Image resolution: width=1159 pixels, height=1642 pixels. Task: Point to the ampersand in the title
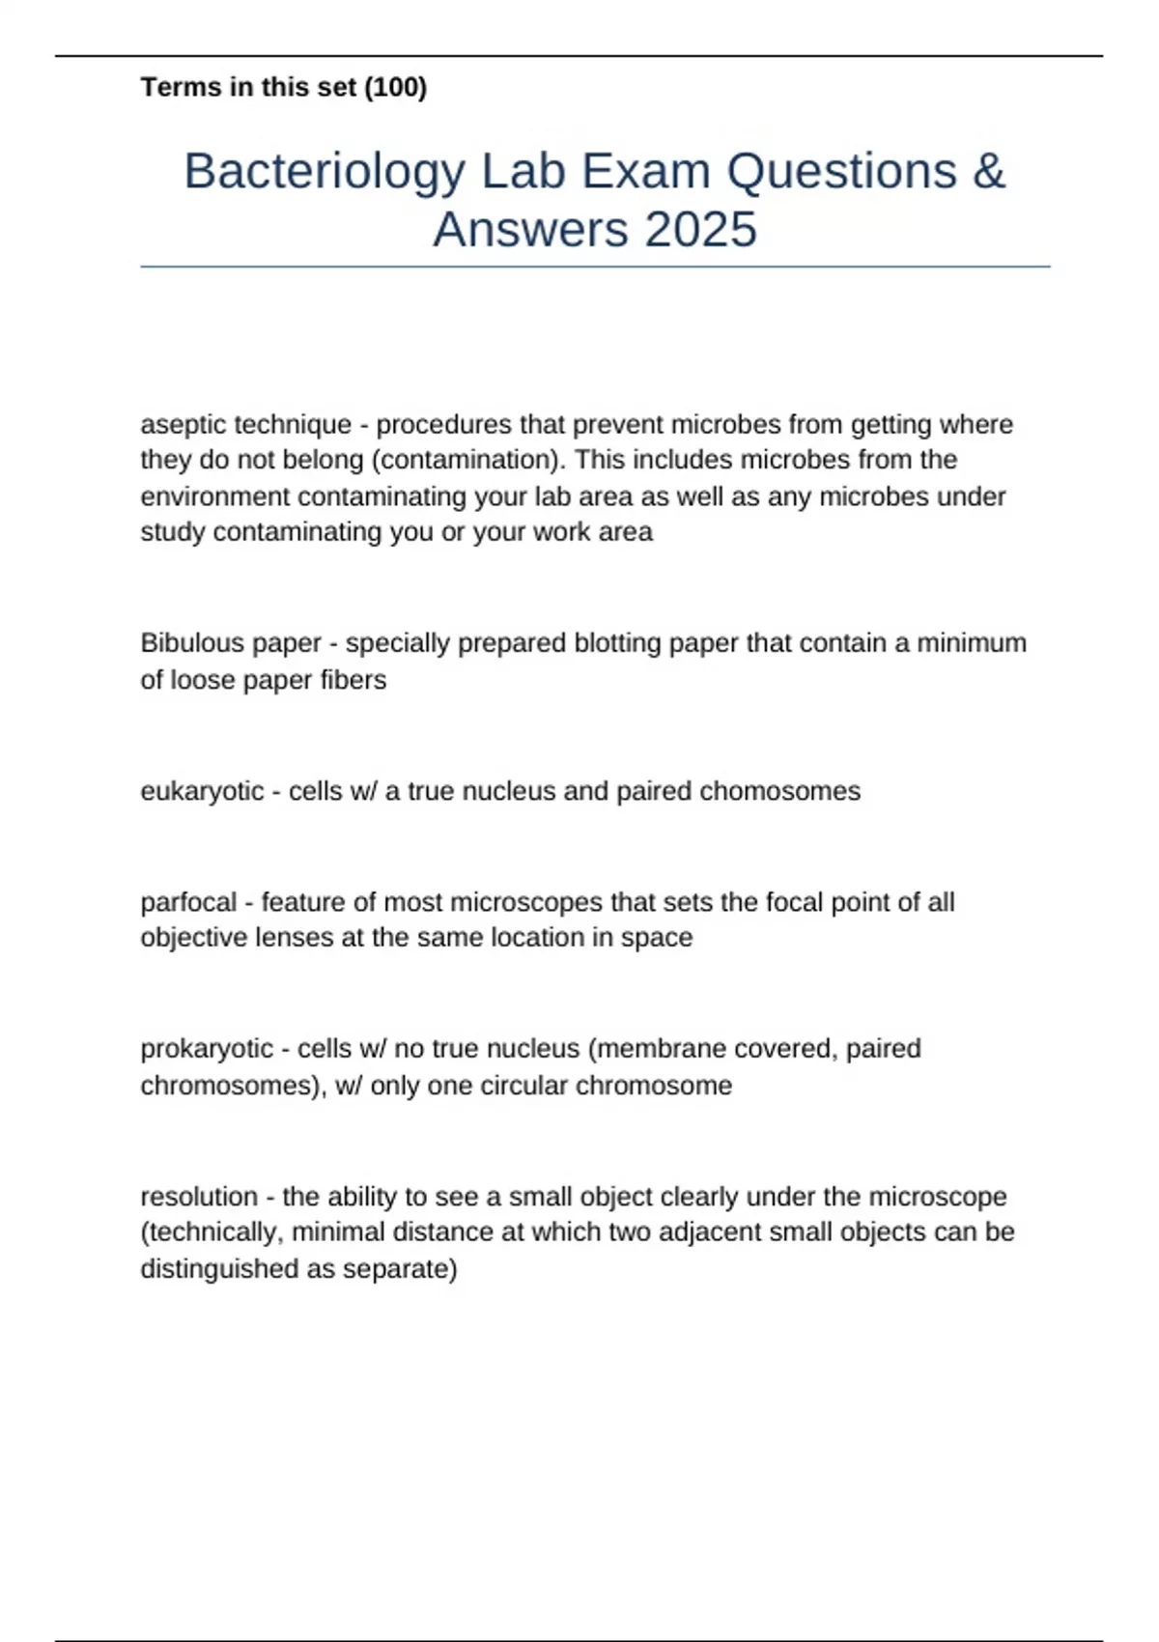coord(988,172)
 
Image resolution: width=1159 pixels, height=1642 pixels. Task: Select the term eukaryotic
coord(202,791)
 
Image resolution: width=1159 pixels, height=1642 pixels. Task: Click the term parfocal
coord(188,902)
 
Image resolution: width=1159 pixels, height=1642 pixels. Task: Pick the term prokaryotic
coord(207,1049)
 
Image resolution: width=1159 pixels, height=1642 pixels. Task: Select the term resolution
coord(199,1197)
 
